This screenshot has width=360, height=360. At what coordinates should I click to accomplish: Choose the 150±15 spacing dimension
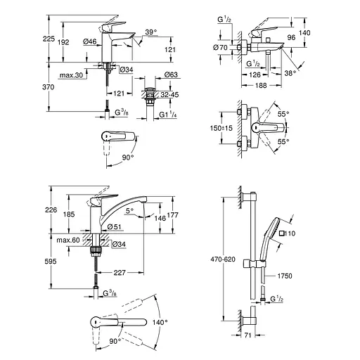pyautogui.click(x=223, y=130)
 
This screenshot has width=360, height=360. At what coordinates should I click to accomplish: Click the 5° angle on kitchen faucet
pyautogui.click(x=129, y=209)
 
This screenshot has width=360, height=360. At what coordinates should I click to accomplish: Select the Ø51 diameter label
pyautogui.click(x=115, y=226)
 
